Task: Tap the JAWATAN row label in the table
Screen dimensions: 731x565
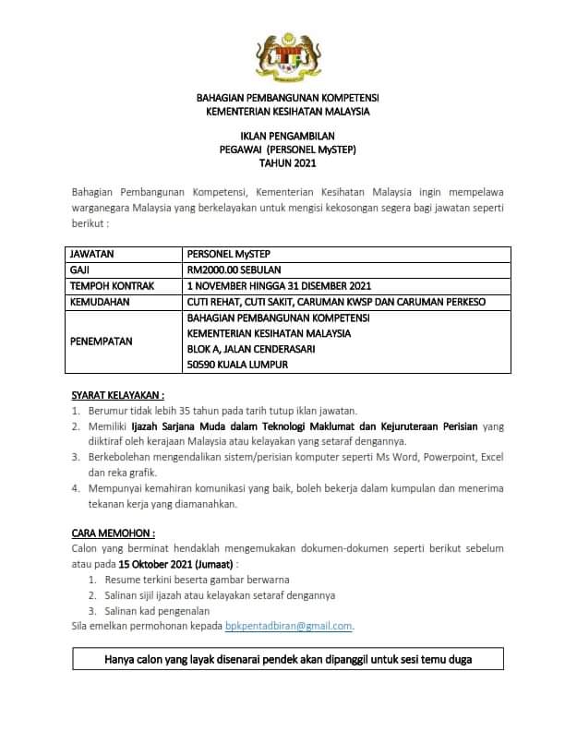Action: click(93, 253)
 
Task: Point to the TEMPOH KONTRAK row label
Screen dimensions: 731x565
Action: click(107, 285)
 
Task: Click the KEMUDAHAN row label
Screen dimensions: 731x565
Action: click(99, 301)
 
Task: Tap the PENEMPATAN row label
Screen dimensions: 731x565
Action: click(102, 342)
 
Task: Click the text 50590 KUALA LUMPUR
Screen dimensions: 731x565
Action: click(238, 365)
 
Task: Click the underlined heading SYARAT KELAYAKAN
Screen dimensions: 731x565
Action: click(118, 394)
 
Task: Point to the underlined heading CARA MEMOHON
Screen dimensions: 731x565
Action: click(113, 533)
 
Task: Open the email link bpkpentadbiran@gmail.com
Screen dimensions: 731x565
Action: click(289, 626)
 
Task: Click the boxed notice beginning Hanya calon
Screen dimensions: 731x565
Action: click(286, 660)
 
